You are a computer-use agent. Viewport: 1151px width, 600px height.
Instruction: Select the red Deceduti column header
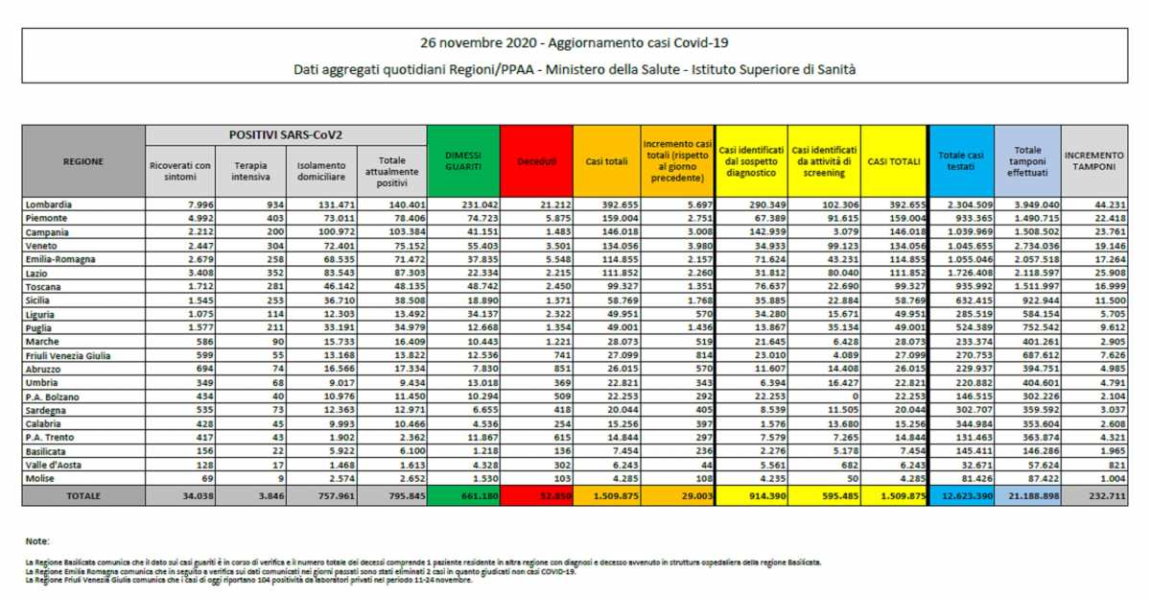point(536,161)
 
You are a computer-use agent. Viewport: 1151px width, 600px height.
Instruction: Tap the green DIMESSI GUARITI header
point(463,161)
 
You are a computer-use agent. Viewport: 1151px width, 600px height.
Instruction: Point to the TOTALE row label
point(83,495)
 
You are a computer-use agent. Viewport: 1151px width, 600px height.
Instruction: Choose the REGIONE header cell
point(83,161)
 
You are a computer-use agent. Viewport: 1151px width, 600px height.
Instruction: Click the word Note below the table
point(37,541)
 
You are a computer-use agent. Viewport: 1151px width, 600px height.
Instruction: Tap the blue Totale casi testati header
point(961,160)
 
